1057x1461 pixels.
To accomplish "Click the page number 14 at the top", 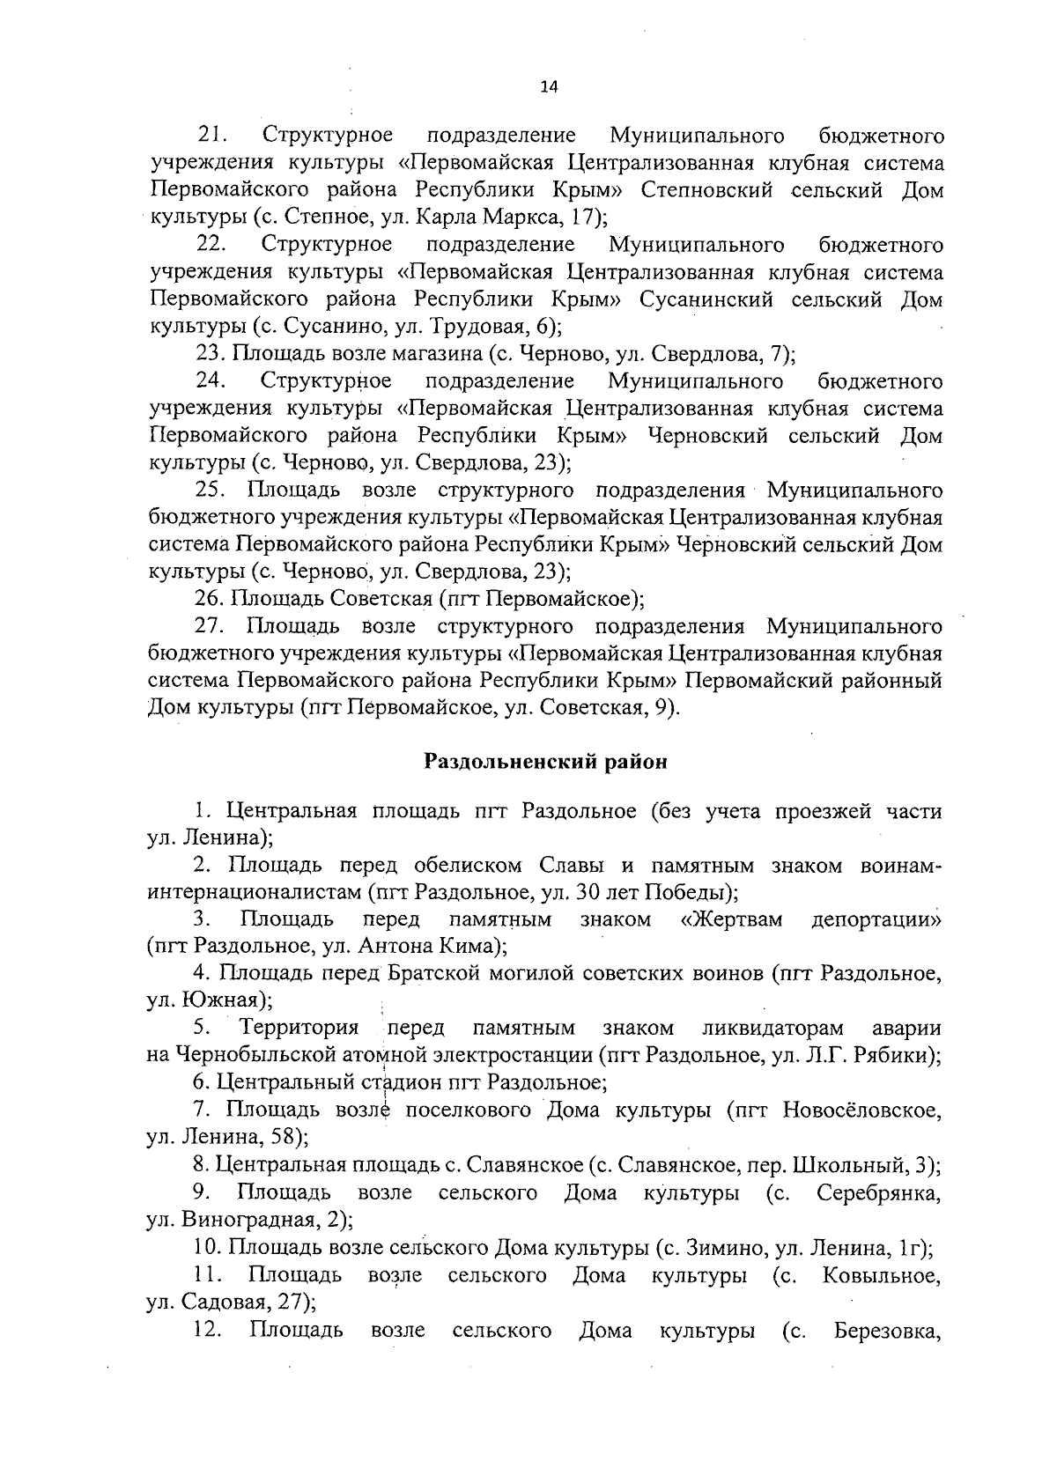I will (x=549, y=85).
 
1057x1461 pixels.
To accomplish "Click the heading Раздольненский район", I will (x=545, y=762).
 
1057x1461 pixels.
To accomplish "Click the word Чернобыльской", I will (x=249, y=1055).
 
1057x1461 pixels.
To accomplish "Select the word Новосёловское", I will (x=861, y=1110).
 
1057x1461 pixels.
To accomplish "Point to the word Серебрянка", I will (x=878, y=1192).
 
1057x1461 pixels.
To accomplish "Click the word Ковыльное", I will (x=881, y=1275).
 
